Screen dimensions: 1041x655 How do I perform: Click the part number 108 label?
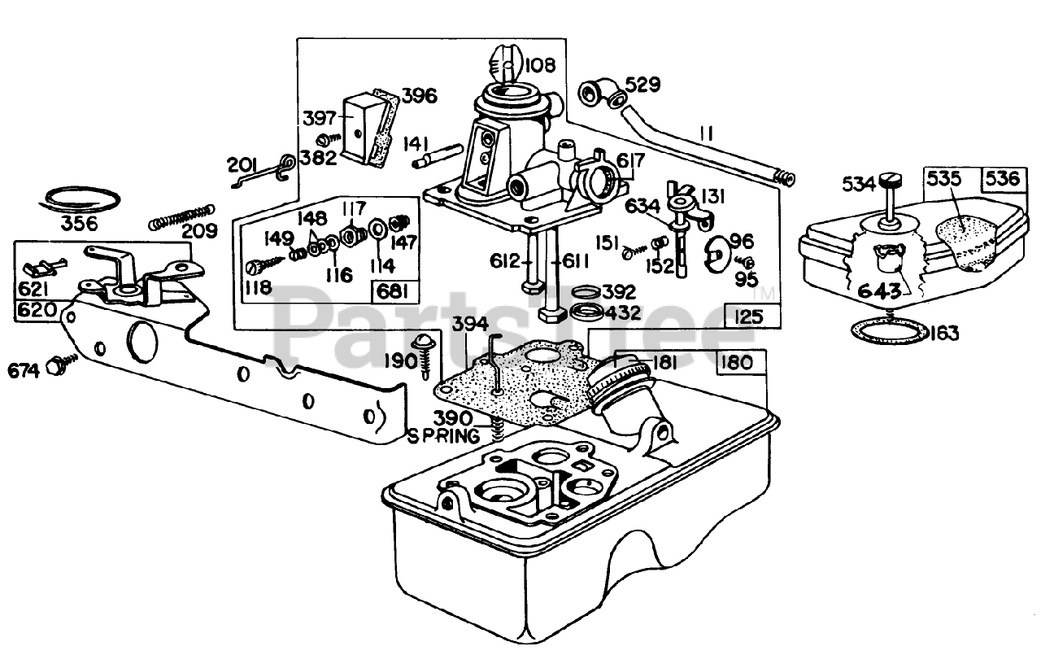tap(540, 66)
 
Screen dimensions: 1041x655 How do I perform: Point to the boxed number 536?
tap(1004, 179)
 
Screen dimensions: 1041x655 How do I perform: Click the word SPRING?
tap(444, 436)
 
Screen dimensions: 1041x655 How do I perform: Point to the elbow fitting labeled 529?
tap(603, 95)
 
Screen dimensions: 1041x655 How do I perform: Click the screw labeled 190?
tap(425, 356)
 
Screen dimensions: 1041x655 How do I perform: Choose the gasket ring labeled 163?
tap(890, 330)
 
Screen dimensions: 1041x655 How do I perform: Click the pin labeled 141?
tap(438, 156)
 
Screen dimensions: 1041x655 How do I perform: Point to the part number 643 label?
tap(880, 291)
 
